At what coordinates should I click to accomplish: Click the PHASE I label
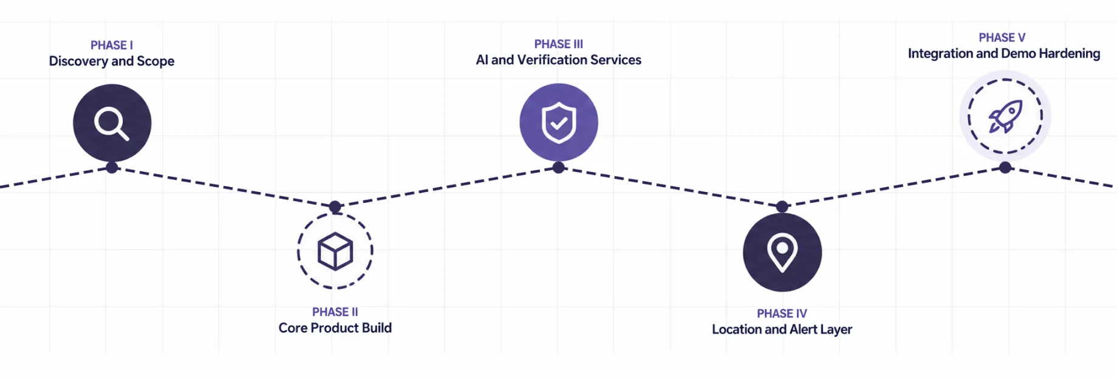pos(112,46)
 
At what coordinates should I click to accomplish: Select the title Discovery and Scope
pos(112,61)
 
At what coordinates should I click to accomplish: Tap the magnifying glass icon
pos(112,124)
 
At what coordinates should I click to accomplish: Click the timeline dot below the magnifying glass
pos(112,168)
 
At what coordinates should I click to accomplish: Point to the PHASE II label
pos(335,312)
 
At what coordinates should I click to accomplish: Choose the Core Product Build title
pos(335,328)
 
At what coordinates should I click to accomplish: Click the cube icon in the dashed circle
pos(335,251)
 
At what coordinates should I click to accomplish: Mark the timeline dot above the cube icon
pos(335,207)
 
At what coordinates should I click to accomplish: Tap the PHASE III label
pos(559,44)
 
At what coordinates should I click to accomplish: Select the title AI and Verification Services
pos(559,60)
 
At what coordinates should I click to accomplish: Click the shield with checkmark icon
pos(559,123)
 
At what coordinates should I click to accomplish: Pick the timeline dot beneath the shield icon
pos(559,168)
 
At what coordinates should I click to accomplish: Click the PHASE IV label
pos(782,314)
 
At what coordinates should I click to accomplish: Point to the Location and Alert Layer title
pos(782,330)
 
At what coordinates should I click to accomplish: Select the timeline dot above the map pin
pos(782,207)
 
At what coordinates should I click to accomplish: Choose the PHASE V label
pos(1002,38)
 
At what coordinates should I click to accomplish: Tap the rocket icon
pos(1005,117)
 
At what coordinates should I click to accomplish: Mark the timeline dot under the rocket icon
pos(1005,168)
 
